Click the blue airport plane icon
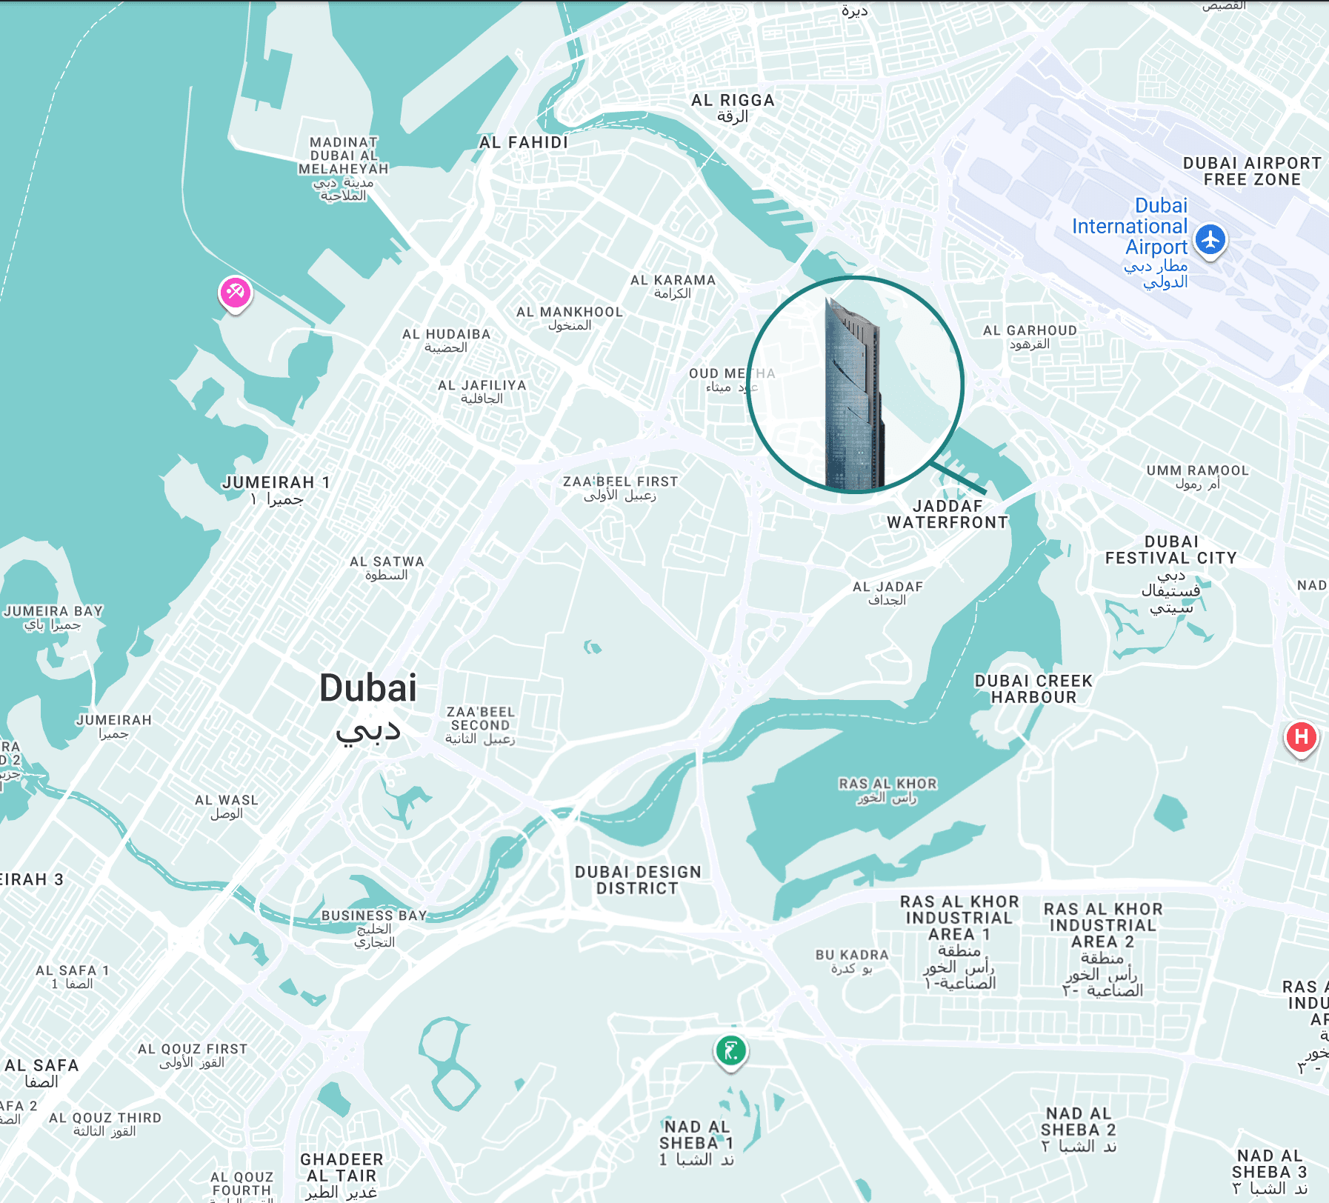(x=1210, y=239)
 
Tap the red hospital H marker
(x=1301, y=737)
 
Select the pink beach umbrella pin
(x=235, y=293)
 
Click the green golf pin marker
(x=730, y=1050)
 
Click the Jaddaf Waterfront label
(x=947, y=514)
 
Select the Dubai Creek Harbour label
(x=1033, y=689)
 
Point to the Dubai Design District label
(x=638, y=880)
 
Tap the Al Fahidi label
(x=524, y=142)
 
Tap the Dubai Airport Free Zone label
(x=1252, y=171)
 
